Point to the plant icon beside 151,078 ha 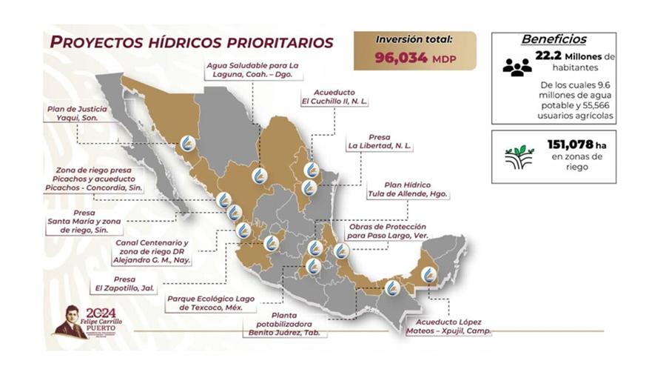click(x=519, y=158)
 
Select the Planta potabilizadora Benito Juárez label click(x=287, y=328)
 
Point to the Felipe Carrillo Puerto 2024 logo click(x=89, y=321)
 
